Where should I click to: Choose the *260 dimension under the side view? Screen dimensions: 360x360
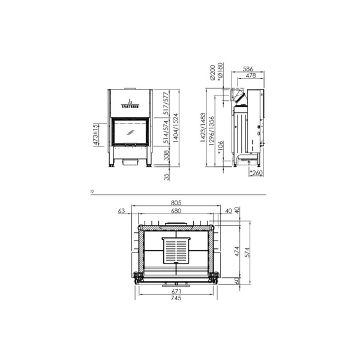click(256, 174)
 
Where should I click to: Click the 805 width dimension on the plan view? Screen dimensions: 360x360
click(176, 203)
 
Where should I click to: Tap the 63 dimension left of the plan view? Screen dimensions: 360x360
click(121, 211)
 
